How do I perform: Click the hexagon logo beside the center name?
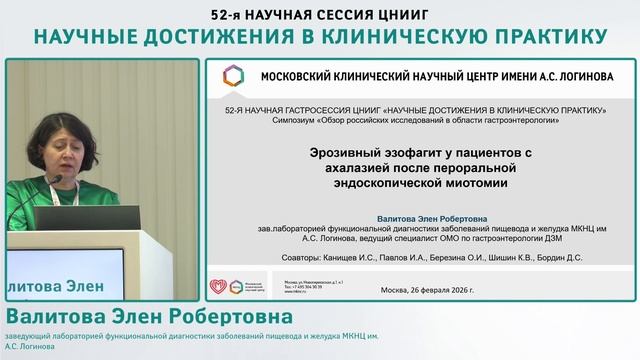click(232, 76)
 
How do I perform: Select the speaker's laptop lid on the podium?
click(101, 218)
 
